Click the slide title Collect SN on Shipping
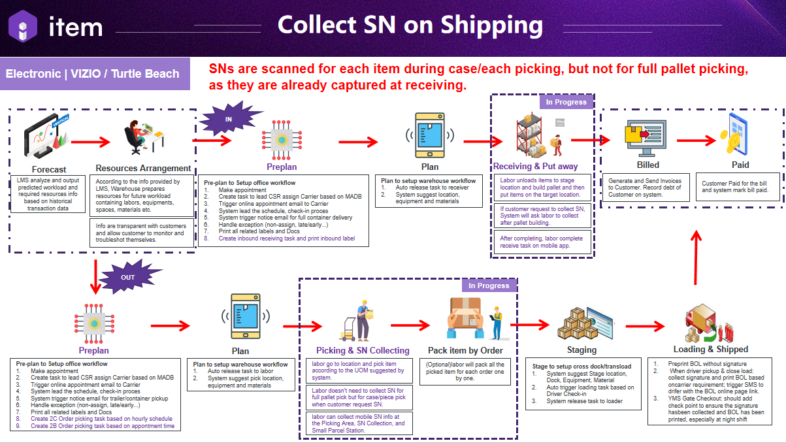tap(410, 25)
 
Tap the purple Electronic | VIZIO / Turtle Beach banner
tap(93, 74)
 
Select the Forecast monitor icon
tap(46, 138)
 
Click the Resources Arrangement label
tap(143, 168)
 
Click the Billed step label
tap(647, 165)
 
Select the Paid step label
tap(740, 165)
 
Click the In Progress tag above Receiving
tap(566, 102)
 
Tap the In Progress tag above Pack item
tap(489, 286)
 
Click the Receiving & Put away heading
tap(535, 167)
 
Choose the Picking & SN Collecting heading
tap(363, 350)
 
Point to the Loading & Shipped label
tap(710, 349)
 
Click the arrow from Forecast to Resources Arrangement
tap(91, 140)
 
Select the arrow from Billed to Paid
tap(698, 140)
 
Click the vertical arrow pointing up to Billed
tap(697, 261)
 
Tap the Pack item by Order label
tap(465, 350)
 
